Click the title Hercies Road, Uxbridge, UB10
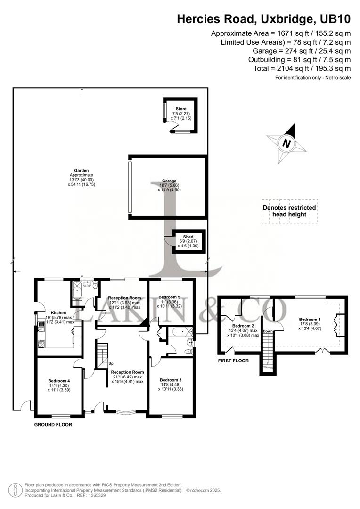pos(263,19)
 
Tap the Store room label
pos(181,109)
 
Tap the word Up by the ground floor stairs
pos(111,363)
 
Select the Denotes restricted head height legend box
pos(289,211)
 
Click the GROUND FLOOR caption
pos(53,425)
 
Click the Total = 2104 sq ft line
pos(302,69)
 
